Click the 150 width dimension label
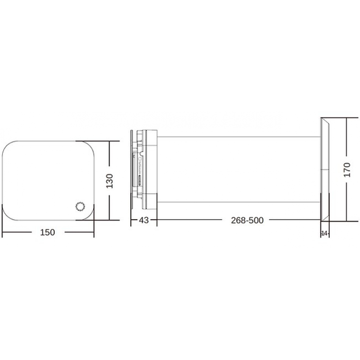pyautogui.click(x=48, y=233)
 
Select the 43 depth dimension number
pyautogui.click(x=143, y=220)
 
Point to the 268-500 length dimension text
pyautogui.click(x=247, y=220)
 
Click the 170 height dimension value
pyautogui.click(x=347, y=170)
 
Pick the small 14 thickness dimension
pyautogui.click(x=324, y=233)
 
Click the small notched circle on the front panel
pyautogui.click(x=79, y=207)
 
